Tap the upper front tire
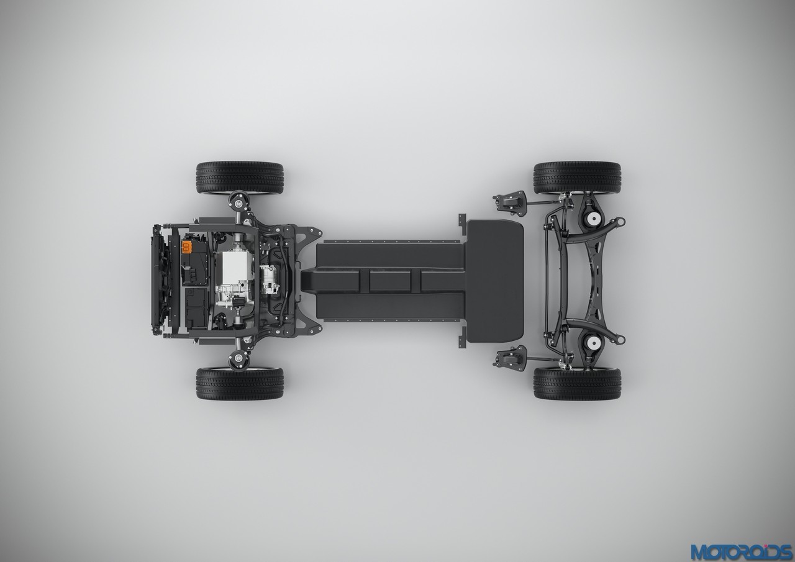pyautogui.click(x=240, y=178)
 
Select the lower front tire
pyautogui.click(x=240, y=383)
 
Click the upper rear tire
pyautogui.click(x=577, y=178)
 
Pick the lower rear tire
pyautogui.click(x=577, y=383)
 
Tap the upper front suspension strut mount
pyautogui.click(x=239, y=202)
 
